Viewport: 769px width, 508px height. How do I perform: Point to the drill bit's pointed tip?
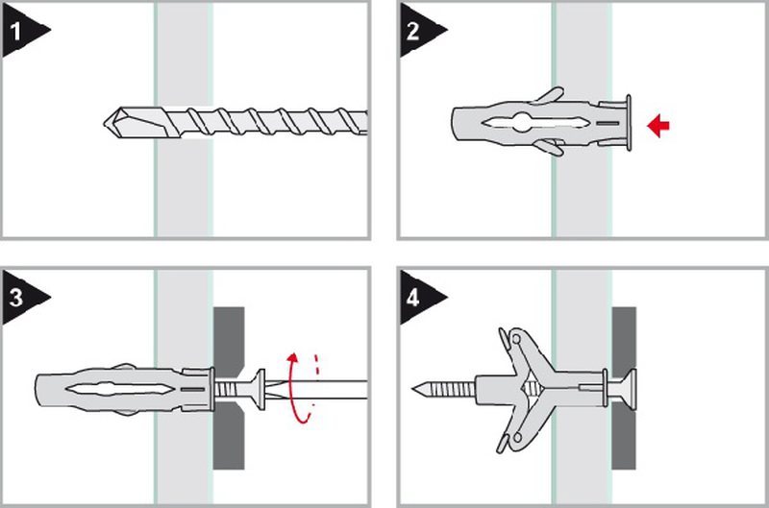pyautogui.click(x=104, y=123)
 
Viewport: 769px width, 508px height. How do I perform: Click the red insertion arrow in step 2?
pyautogui.click(x=658, y=126)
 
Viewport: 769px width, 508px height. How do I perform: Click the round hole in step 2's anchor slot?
pyautogui.click(x=522, y=122)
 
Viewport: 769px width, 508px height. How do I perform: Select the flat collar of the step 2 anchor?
pyautogui.click(x=628, y=123)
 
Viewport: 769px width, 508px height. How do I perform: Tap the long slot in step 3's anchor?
pyautogui.click(x=117, y=390)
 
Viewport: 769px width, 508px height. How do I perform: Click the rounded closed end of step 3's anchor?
pyautogui.click(x=39, y=390)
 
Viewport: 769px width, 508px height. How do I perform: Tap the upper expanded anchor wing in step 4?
pyautogui.click(x=520, y=349)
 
